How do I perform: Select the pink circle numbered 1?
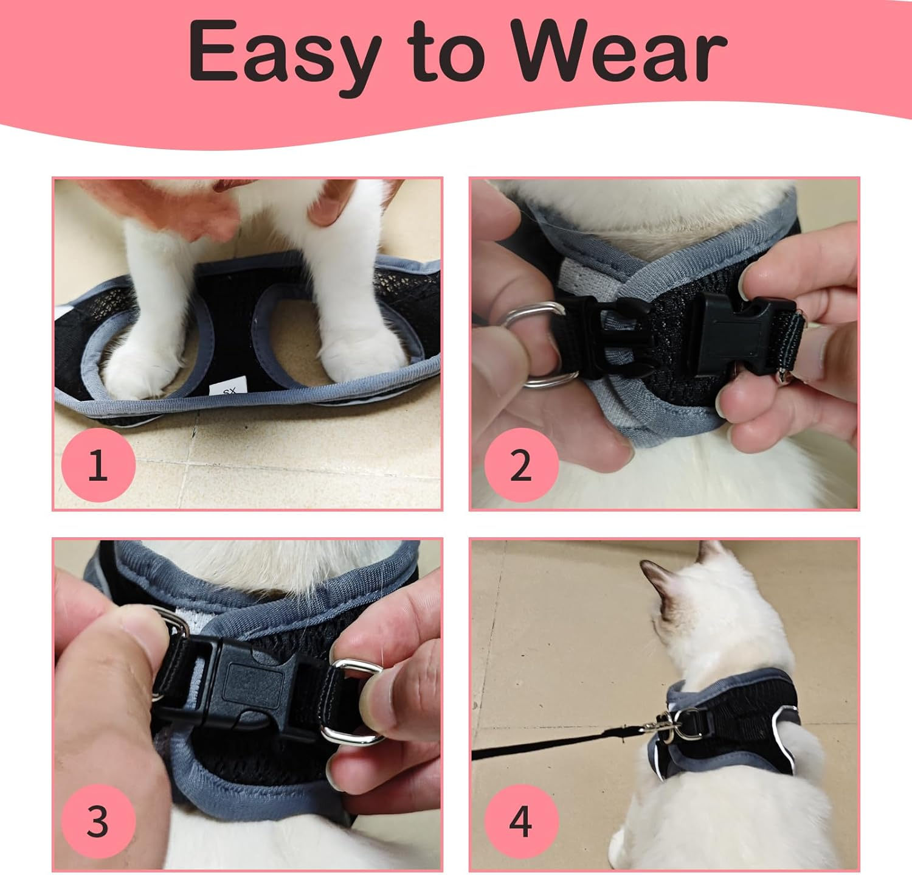coord(98,465)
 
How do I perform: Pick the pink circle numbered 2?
coord(521,465)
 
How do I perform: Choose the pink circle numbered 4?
coord(521,821)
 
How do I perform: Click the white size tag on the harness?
coord(227,391)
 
